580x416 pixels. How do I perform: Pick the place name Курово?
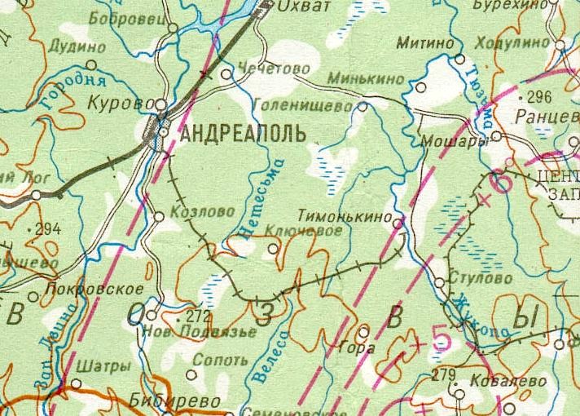(125, 104)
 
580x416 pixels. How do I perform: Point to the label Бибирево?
(174, 401)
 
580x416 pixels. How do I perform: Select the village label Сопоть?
(222, 360)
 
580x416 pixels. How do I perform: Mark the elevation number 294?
(47, 229)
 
